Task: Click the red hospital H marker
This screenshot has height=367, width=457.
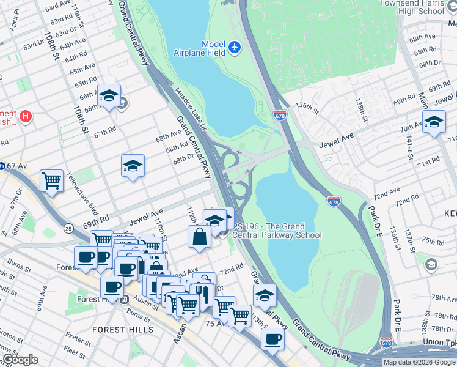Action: point(26,116)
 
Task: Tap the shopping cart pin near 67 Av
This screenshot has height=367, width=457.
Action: point(52,180)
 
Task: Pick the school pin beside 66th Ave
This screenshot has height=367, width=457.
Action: point(109,96)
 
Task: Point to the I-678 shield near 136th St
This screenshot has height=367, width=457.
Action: point(280,115)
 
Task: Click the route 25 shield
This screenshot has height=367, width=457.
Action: point(67,228)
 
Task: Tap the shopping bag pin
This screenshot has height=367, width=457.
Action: point(200,237)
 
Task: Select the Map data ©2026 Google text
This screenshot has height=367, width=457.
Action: point(419,362)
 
